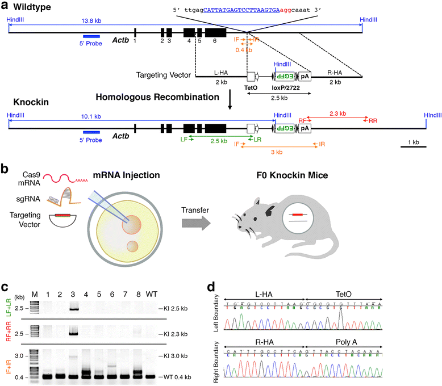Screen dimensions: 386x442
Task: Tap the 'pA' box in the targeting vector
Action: [x=305, y=75]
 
